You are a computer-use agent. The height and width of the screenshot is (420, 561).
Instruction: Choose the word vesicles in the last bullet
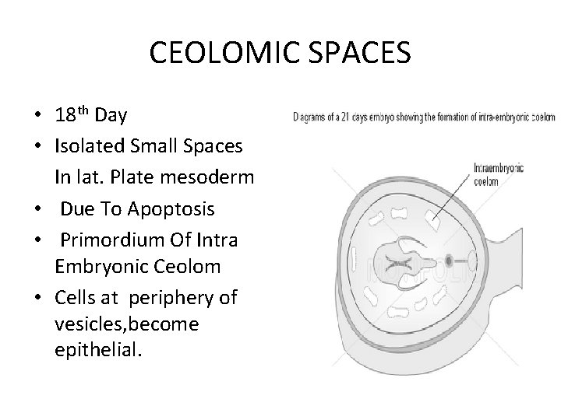pos(86,324)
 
